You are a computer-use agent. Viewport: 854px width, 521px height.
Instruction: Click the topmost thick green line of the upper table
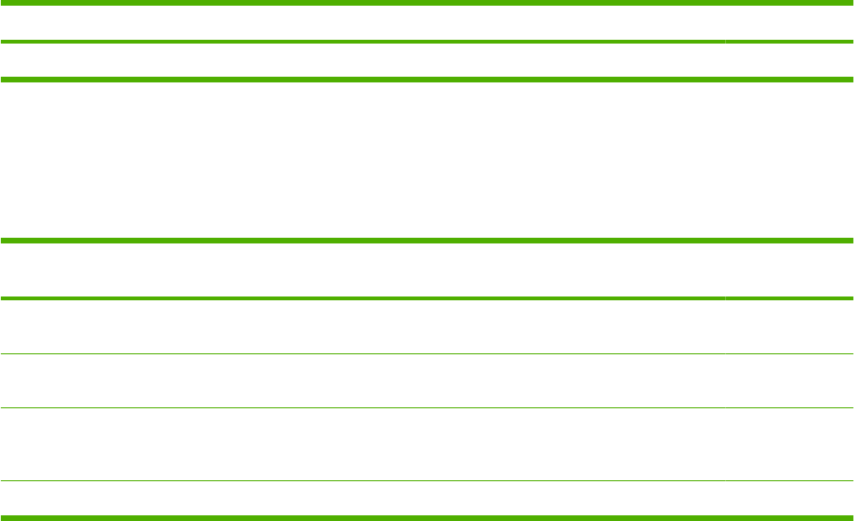click(x=427, y=5)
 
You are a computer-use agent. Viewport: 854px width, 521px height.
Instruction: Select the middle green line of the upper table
click(x=360, y=42)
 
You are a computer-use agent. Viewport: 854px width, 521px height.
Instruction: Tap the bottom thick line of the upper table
click(x=427, y=79)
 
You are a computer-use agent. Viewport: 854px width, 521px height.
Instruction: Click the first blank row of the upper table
click(x=427, y=24)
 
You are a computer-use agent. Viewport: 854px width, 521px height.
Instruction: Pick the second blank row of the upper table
click(x=427, y=61)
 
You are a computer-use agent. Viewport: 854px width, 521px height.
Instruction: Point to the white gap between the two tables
click(x=427, y=159)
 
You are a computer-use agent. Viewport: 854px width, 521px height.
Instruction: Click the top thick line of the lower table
click(x=427, y=241)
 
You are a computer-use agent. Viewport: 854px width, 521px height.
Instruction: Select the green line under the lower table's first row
click(x=360, y=298)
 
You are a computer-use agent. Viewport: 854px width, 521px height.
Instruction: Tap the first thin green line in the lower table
click(x=427, y=354)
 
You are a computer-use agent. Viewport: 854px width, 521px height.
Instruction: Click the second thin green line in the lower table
click(x=427, y=408)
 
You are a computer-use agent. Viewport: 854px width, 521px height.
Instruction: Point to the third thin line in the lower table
click(x=427, y=481)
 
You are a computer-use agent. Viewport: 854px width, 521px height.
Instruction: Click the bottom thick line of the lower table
click(x=427, y=517)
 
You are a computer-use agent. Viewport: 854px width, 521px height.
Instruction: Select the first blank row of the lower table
click(x=427, y=270)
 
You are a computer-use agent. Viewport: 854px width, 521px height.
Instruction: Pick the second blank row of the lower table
click(x=427, y=327)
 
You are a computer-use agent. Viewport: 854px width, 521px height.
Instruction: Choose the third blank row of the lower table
click(x=427, y=382)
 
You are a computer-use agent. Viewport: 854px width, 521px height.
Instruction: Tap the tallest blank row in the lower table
click(x=427, y=445)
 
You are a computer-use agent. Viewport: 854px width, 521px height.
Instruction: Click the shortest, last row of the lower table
click(x=427, y=499)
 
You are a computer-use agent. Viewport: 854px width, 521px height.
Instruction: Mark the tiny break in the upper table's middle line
click(x=724, y=42)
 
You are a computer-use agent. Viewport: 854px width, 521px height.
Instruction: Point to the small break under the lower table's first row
click(x=724, y=298)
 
